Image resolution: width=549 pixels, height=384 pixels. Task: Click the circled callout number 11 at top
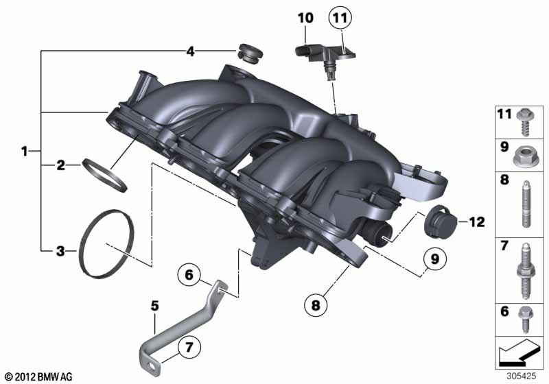click(x=340, y=18)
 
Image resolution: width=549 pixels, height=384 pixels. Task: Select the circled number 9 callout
click(x=434, y=259)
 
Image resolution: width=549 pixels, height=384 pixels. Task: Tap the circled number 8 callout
click(x=316, y=305)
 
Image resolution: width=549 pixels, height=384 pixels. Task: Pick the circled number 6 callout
click(x=189, y=275)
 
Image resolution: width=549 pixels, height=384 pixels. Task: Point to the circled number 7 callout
click(x=189, y=347)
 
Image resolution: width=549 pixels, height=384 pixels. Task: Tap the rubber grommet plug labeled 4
click(x=249, y=54)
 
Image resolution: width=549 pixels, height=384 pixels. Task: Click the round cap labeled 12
click(x=439, y=221)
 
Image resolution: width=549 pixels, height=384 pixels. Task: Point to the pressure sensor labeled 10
click(x=325, y=58)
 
